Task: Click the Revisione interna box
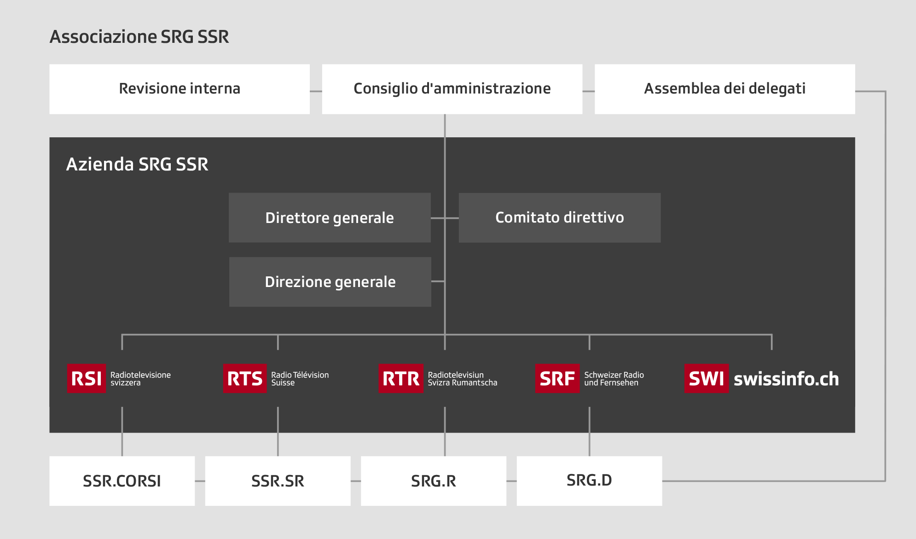pyautogui.click(x=180, y=89)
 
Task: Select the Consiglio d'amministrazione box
pyautogui.click(x=452, y=89)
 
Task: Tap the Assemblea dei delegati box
pyautogui.click(x=725, y=89)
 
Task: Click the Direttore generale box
pyautogui.click(x=330, y=217)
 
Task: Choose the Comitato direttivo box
pyautogui.click(x=560, y=217)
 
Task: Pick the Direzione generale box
pyautogui.click(x=330, y=282)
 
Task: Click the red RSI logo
pyautogui.click(x=86, y=379)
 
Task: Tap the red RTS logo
pyautogui.click(x=245, y=379)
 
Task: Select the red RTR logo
pyautogui.click(x=401, y=379)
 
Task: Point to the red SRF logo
pyautogui.click(x=557, y=379)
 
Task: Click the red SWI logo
pyautogui.click(x=707, y=379)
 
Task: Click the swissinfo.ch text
pyautogui.click(x=786, y=379)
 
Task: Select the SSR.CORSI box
pyautogui.click(x=122, y=481)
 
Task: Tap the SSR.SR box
pyautogui.click(x=278, y=481)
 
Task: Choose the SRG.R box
pyautogui.click(x=434, y=481)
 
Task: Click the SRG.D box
pyautogui.click(x=589, y=481)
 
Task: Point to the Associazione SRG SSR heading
pyautogui.click(x=139, y=37)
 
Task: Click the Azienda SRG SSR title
pyautogui.click(x=137, y=164)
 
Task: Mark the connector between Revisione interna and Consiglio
pyautogui.click(x=316, y=91)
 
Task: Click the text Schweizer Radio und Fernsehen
pyautogui.click(x=614, y=379)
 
